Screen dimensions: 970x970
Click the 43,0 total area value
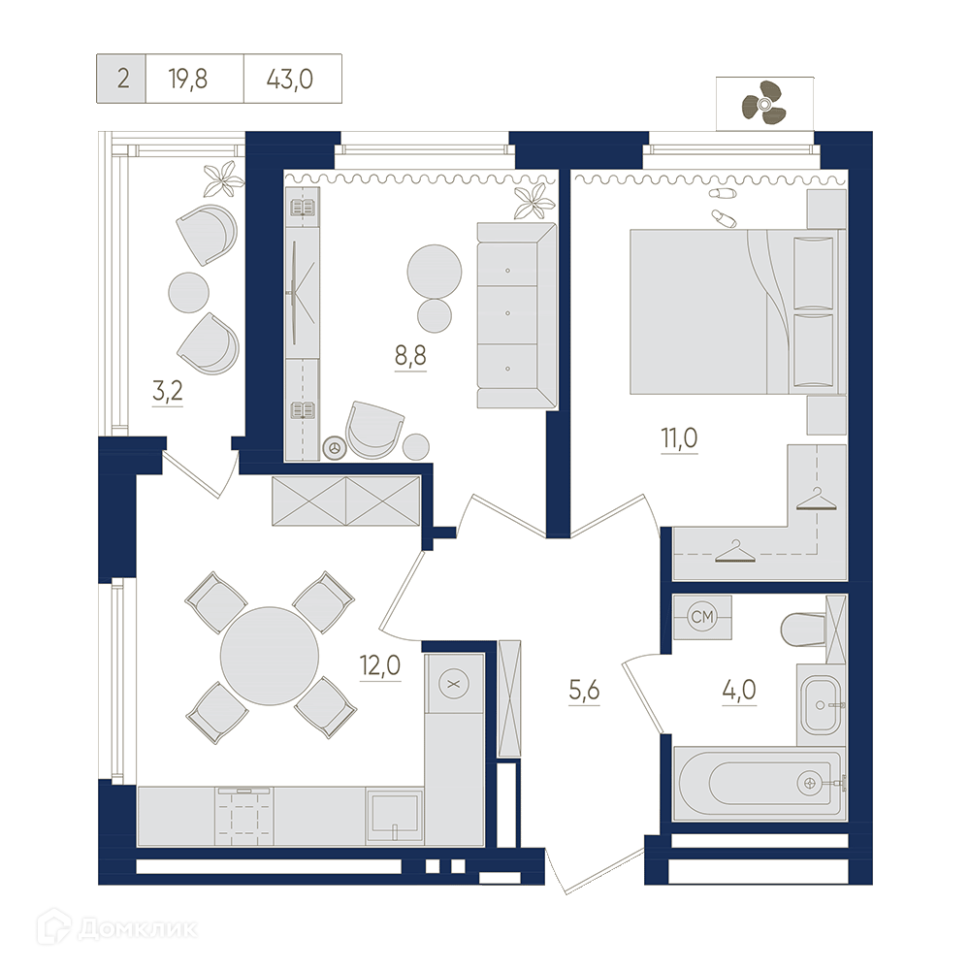tap(289, 80)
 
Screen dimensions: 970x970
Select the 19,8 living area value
tap(188, 80)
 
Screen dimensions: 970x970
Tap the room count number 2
tap(123, 80)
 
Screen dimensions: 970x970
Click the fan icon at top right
tap(764, 103)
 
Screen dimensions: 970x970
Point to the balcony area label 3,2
tap(167, 391)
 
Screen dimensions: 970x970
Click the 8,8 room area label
tap(410, 356)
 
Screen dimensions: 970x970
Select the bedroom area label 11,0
tap(679, 438)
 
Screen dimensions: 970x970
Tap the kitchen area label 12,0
tap(380, 665)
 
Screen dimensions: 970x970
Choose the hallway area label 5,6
tap(584, 689)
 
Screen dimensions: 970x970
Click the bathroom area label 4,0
tap(739, 689)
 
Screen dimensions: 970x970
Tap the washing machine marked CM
tap(702, 617)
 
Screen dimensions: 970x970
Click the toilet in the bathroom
tap(804, 630)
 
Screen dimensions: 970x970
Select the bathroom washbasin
tap(821, 704)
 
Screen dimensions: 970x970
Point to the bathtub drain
tap(810, 784)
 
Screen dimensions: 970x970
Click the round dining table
tap(270, 656)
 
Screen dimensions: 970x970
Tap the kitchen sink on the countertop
tap(394, 816)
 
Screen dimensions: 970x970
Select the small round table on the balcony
tap(189, 292)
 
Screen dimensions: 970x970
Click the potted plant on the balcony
tap(224, 178)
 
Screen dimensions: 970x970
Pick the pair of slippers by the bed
tap(723, 206)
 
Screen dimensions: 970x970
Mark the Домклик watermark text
tap(139, 928)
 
